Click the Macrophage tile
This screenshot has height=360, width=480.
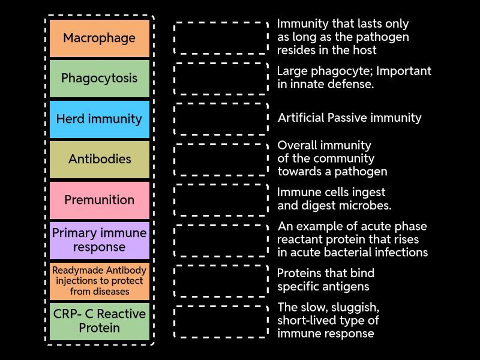[x=99, y=38]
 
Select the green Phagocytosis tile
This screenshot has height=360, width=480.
[x=99, y=79]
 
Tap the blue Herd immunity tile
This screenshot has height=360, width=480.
[x=99, y=119]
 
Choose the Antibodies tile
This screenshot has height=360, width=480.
[x=99, y=160]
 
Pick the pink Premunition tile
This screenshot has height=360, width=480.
[x=99, y=200]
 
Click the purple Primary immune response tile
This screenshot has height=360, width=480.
[x=99, y=240]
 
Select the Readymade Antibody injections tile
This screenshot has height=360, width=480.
[x=99, y=281]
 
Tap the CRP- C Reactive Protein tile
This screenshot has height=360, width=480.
[x=99, y=321]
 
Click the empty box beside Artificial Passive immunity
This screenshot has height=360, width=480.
[x=221, y=119]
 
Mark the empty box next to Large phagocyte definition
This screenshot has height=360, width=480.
[x=221, y=79]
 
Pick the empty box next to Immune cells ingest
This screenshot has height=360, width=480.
[x=221, y=200]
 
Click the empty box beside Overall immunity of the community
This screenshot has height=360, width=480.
[x=221, y=160]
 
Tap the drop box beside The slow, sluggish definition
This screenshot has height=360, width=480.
[x=221, y=321]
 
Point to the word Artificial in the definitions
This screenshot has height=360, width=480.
[x=301, y=118]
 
